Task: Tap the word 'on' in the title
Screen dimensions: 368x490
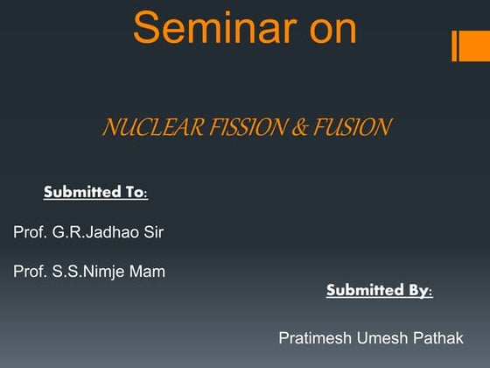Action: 325,28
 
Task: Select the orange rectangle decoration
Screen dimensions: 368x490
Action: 470,46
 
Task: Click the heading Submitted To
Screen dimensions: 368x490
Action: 95,192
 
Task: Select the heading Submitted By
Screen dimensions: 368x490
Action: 379,290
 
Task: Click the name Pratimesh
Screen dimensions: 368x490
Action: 311,337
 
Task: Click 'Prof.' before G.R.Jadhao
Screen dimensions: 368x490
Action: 30,232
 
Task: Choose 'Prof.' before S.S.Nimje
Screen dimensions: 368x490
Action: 30,271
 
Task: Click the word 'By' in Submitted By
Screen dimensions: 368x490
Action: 419,290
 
